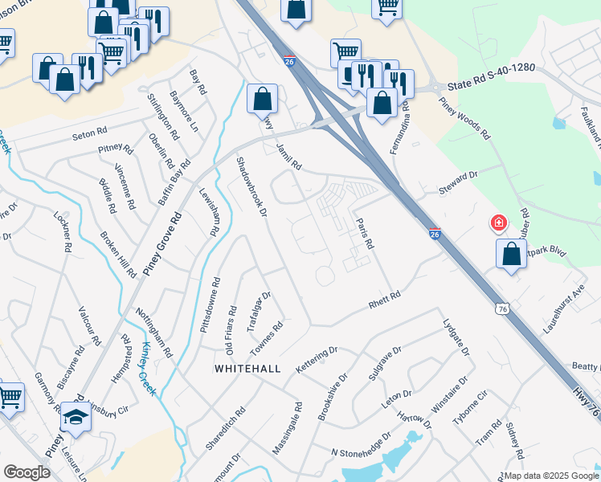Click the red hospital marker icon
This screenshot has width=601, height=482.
point(498,222)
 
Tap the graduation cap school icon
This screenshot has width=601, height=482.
point(76,418)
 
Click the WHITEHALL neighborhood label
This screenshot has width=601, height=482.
point(247,368)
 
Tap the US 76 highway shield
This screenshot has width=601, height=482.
point(502,308)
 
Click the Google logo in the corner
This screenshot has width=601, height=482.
point(26,472)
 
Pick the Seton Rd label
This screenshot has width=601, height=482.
point(89,131)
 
